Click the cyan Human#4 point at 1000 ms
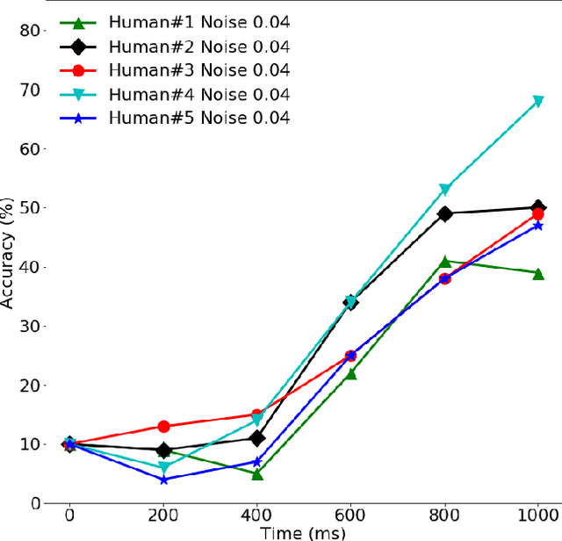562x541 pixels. click(x=538, y=102)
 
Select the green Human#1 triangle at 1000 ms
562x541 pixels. click(x=538, y=273)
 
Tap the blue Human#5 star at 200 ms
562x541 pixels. click(x=163, y=480)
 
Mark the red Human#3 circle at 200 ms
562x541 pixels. click(x=163, y=427)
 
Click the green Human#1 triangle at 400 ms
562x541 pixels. click(x=257, y=473)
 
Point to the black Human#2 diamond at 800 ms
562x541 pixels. click(x=444, y=213)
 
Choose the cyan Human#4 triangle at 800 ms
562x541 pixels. click(x=444, y=190)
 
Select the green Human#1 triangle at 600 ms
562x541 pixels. click(x=350, y=373)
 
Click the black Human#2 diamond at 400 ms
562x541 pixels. click(x=257, y=438)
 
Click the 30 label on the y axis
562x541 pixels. click(x=30, y=326)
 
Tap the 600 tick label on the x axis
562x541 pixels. click(x=350, y=516)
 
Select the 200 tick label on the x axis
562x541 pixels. click(x=163, y=516)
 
